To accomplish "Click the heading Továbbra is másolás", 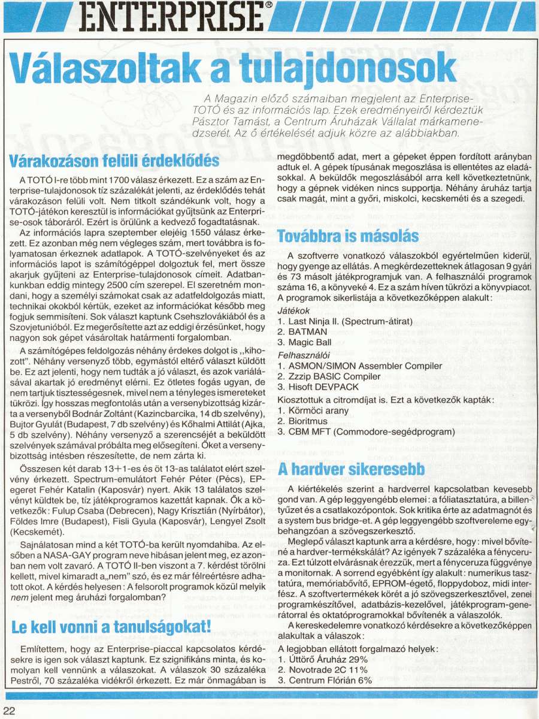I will click(x=347, y=235).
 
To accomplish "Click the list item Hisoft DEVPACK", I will click(x=319, y=387).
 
